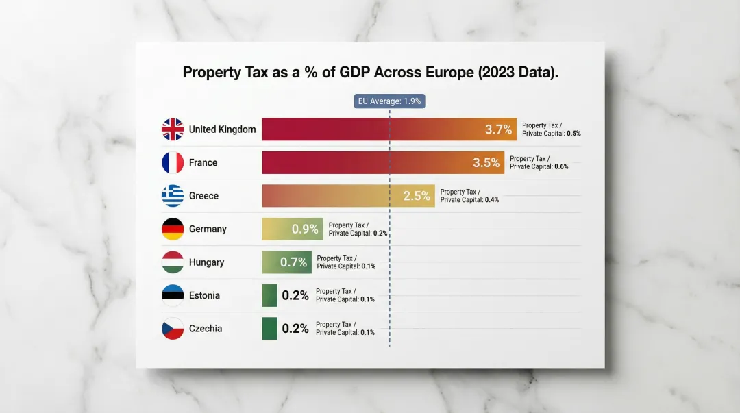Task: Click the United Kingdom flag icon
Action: (x=173, y=129)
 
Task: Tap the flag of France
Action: (x=173, y=162)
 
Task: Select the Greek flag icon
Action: (x=173, y=196)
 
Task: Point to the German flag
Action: (x=173, y=229)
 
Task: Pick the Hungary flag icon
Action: (x=173, y=262)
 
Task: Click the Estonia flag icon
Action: (x=173, y=295)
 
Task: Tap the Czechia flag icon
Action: (x=173, y=329)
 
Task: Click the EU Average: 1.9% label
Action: (x=389, y=101)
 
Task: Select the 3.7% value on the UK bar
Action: (x=498, y=129)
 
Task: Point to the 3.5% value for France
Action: (x=486, y=163)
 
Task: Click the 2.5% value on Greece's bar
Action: (x=417, y=196)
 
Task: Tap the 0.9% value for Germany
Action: (x=305, y=229)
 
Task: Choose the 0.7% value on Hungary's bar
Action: (x=293, y=262)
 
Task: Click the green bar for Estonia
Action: (x=269, y=295)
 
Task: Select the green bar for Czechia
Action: (x=269, y=329)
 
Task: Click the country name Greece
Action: (x=203, y=196)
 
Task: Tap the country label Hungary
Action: (x=206, y=262)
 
